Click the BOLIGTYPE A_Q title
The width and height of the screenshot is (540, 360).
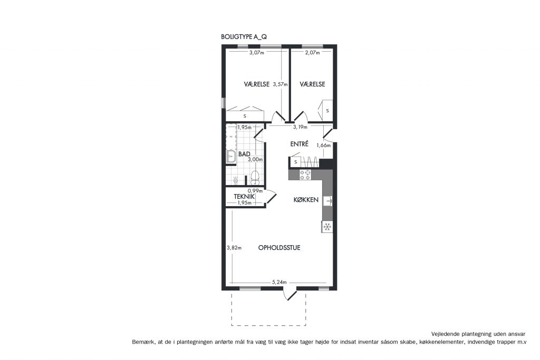(x=244, y=37)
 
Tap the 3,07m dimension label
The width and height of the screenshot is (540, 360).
(x=257, y=53)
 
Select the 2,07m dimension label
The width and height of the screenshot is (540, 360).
(x=312, y=53)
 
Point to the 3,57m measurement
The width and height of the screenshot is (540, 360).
(x=280, y=84)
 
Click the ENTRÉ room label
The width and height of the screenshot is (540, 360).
(x=300, y=144)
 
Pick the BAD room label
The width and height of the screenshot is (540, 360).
(x=244, y=154)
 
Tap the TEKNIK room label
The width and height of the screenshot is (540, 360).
(x=244, y=197)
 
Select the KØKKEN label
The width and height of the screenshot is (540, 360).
(x=306, y=200)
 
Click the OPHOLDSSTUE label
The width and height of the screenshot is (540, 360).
(x=279, y=247)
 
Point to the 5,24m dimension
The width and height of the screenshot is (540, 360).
(x=279, y=282)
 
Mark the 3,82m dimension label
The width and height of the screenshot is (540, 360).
(x=234, y=247)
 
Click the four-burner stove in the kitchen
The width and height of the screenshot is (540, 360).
(x=305, y=175)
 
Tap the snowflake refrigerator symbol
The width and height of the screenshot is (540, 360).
(x=327, y=227)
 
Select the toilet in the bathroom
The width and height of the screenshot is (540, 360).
(x=255, y=177)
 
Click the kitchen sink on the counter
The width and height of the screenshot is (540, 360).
(x=327, y=201)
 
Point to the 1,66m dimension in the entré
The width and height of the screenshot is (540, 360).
(x=324, y=145)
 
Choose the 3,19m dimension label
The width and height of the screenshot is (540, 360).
(x=300, y=127)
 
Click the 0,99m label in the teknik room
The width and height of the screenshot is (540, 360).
(x=255, y=191)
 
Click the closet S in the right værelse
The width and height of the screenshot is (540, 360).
(x=327, y=111)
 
